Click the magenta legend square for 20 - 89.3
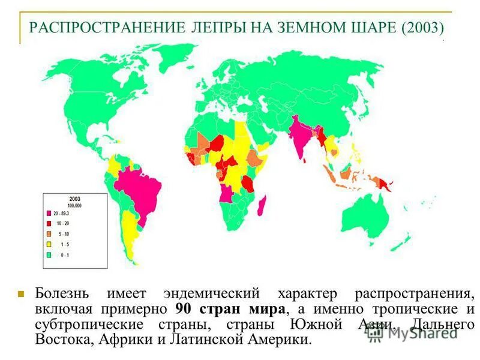[49, 213]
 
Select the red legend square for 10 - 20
[49, 223]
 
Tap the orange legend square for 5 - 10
[49, 233]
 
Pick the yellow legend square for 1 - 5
[49, 244]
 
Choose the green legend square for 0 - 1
[49, 254]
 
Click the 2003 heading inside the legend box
[74, 199]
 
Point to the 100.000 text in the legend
[74, 205]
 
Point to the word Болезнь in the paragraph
[62, 294]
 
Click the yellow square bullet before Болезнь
[20, 295]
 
